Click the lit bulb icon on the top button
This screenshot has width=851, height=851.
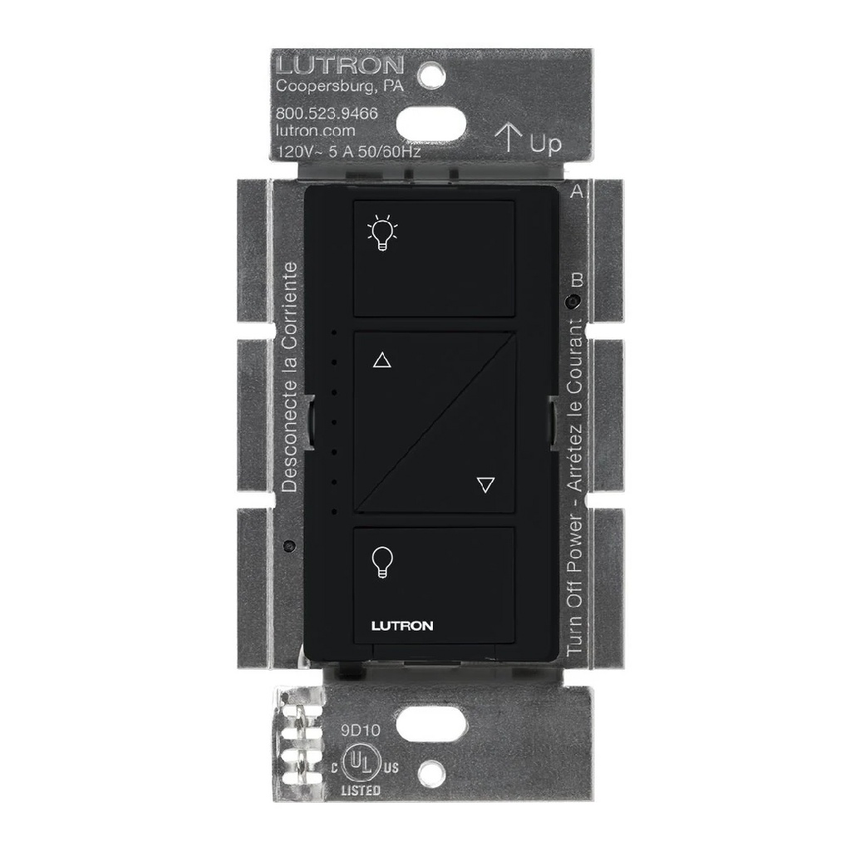pyautogui.click(x=381, y=234)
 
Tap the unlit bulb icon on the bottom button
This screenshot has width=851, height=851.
pyautogui.click(x=381, y=561)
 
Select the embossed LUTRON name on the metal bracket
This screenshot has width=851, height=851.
pyautogui.click(x=340, y=65)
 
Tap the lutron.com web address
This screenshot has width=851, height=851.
pyautogui.click(x=315, y=130)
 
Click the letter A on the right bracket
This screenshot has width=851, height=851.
pyautogui.click(x=576, y=191)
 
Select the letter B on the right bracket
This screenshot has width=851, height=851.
pyautogui.click(x=578, y=280)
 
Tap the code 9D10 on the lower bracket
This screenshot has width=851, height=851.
pyautogui.click(x=360, y=732)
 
